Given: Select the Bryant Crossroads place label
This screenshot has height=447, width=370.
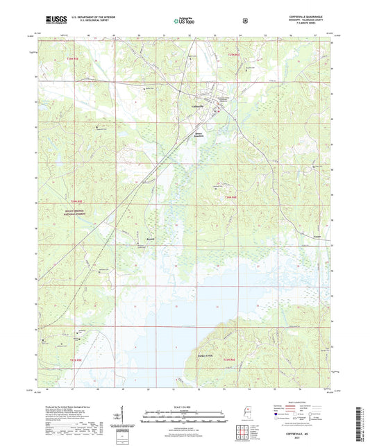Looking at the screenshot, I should pos(200,135).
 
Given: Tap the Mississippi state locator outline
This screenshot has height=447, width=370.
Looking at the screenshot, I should pos(248,412).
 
